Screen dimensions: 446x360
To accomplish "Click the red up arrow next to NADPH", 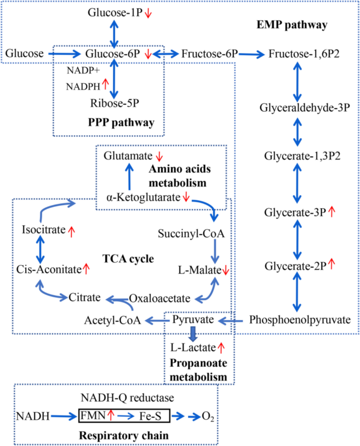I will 105,83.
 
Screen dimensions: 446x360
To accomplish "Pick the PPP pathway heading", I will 122,123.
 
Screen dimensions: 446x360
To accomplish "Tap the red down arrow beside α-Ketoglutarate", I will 187,197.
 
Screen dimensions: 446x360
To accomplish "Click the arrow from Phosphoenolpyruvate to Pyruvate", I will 230,319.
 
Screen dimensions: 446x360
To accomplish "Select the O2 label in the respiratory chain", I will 208,417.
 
